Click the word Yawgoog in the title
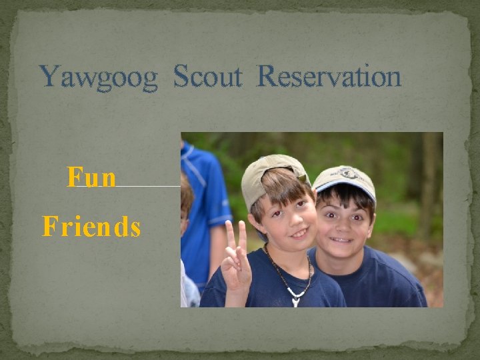(99, 77)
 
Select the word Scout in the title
(207, 77)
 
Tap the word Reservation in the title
(329, 77)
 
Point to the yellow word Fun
(92, 178)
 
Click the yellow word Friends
(91, 227)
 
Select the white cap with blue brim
(344, 179)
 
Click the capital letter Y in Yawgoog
(49, 77)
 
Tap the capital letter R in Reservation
(267, 77)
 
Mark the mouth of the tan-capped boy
(299, 234)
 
